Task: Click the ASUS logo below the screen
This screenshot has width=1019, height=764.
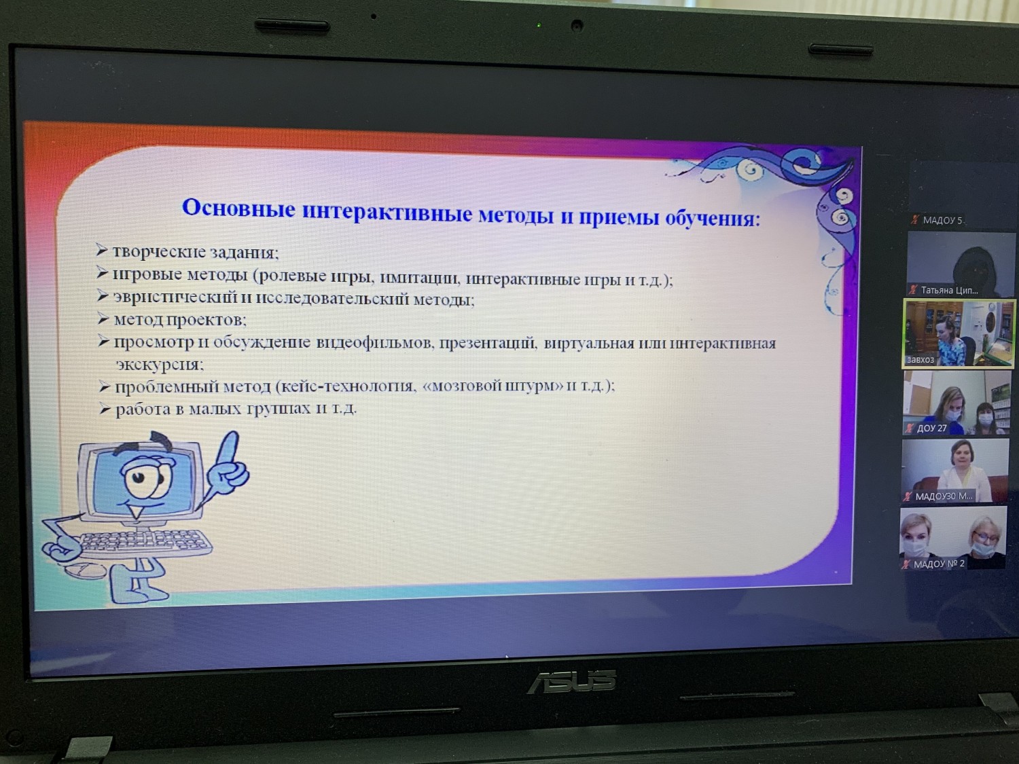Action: pos(572,680)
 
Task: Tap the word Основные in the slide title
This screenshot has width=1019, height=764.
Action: pos(238,208)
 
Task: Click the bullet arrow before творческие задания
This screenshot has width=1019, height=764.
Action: pos(102,250)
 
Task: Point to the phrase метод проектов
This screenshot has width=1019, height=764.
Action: pos(180,319)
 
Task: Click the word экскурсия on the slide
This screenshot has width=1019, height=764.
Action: pos(160,364)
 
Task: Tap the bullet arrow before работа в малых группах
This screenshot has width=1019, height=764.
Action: pos(105,408)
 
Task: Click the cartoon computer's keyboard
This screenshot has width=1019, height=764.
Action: pos(145,543)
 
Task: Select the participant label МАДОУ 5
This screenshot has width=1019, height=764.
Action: pos(942,220)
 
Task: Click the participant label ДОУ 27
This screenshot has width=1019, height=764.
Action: pos(931,428)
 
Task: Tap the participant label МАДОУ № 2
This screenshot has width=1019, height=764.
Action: pos(939,564)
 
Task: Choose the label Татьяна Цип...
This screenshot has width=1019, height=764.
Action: pos(949,291)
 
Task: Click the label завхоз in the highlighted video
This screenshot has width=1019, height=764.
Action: pos(920,359)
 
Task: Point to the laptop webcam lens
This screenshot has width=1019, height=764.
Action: pos(577,25)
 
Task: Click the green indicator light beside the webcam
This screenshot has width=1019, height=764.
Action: pos(539,25)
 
